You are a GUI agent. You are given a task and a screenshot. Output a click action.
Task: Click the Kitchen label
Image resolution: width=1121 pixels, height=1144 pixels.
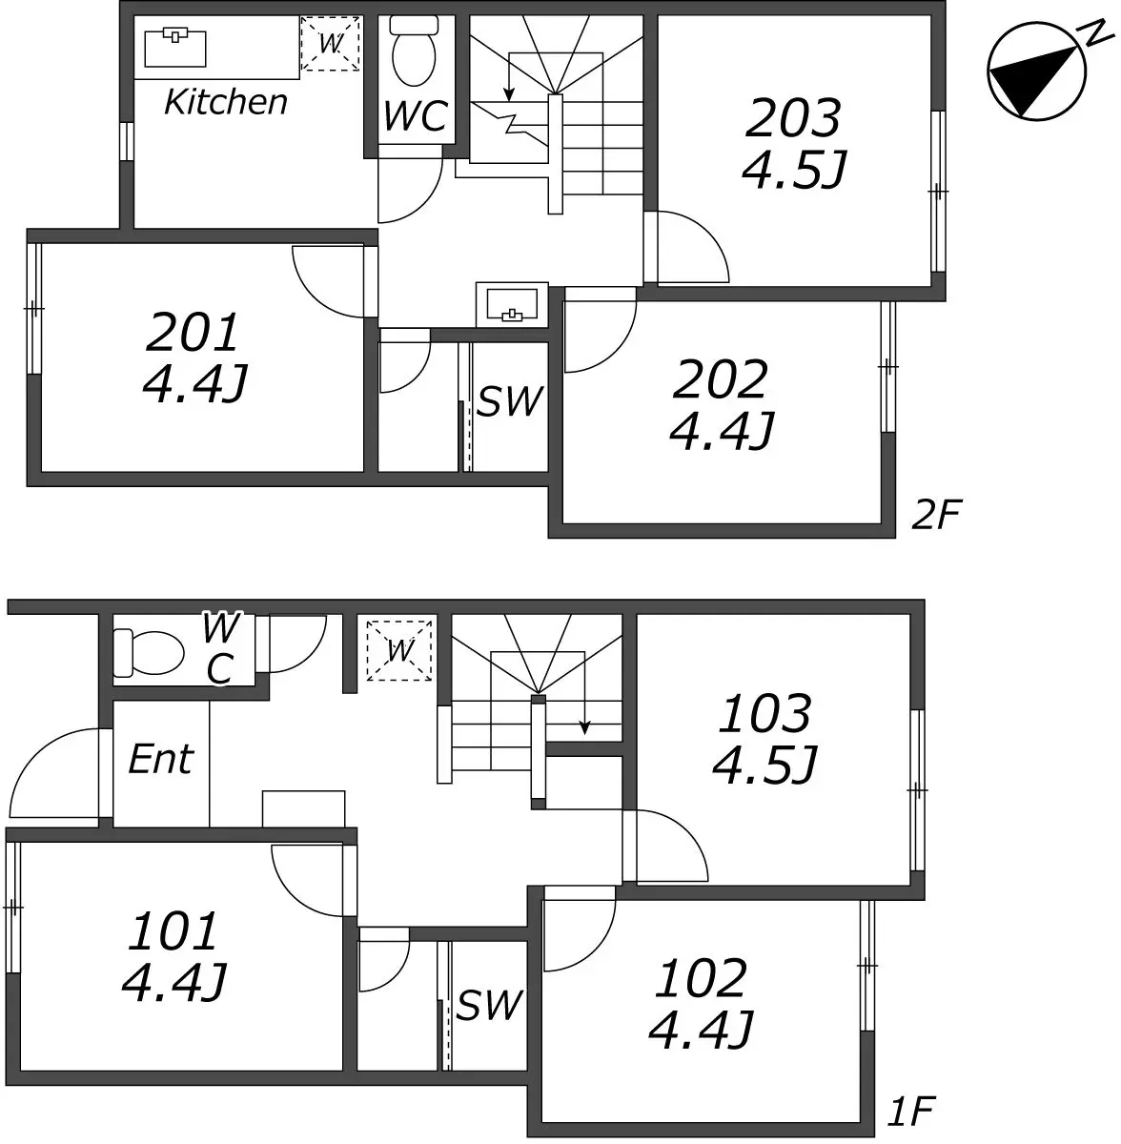point(226,102)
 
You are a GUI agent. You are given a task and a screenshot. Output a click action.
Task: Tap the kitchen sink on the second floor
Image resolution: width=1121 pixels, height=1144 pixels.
point(175,47)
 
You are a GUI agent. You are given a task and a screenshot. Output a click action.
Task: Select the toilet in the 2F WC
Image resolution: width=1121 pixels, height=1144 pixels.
point(415,51)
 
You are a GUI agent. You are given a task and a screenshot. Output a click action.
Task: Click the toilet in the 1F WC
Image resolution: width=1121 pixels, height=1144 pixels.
point(149,653)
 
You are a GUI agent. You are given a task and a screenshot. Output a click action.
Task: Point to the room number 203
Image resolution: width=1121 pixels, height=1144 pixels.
point(793,117)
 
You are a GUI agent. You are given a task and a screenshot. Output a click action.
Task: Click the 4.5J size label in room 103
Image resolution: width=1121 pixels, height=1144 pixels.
point(764,765)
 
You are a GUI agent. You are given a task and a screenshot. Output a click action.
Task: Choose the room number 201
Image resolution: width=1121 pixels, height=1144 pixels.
point(192,333)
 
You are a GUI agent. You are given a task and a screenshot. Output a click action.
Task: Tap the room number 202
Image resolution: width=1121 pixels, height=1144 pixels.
point(721,380)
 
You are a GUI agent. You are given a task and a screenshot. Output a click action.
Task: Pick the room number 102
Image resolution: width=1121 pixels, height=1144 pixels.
point(700,978)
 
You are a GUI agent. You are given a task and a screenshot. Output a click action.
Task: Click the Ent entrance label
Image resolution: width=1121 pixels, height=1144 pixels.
point(161,759)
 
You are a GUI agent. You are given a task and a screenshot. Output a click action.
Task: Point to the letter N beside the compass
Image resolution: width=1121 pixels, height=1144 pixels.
point(1097,33)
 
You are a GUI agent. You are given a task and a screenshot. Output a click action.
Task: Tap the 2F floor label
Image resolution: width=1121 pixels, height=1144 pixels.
point(936,514)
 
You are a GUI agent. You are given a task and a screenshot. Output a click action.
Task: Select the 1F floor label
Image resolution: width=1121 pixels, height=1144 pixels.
point(911,1111)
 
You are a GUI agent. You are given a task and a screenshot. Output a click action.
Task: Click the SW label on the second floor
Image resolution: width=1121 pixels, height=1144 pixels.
point(509,400)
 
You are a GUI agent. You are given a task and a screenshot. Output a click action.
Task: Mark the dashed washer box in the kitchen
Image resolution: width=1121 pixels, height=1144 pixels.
point(330,44)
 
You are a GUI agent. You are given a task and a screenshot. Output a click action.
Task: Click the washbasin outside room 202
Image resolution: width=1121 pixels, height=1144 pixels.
point(512,304)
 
